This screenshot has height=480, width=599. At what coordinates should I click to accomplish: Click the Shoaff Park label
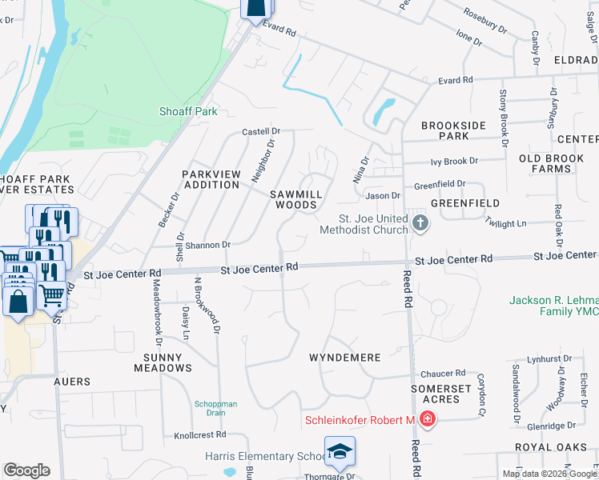click(188, 111)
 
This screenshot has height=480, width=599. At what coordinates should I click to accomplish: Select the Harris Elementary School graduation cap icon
click(340, 452)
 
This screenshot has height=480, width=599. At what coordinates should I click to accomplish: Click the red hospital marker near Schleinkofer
click(428, 419)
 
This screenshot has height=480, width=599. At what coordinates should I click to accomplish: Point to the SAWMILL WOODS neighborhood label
click(295, 199)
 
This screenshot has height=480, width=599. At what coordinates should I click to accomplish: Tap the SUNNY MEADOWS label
click(157, 362)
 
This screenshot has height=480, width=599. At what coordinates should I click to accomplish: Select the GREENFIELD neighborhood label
click(465, 203)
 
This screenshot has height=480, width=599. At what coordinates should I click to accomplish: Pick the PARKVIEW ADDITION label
click(211, 179)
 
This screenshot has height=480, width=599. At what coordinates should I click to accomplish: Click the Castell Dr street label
click(261, 131)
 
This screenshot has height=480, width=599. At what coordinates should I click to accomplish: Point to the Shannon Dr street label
click(210, 245)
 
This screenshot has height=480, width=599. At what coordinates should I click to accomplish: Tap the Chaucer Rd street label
click(444, 373)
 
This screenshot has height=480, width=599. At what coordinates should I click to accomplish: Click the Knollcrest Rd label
click(201, 435)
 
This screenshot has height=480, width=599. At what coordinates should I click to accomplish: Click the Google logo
click(26, 470)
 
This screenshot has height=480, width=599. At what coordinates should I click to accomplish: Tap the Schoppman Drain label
click(216, 409)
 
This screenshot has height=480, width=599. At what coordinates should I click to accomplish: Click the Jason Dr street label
click(383, 195)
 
